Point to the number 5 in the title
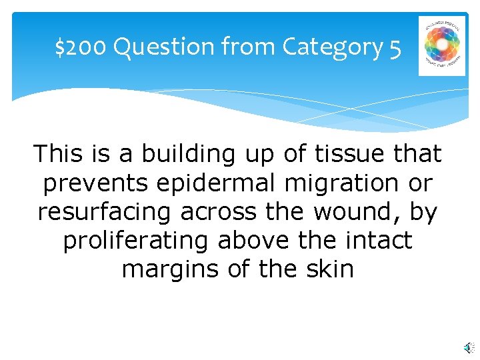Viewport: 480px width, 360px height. tap(395, 47)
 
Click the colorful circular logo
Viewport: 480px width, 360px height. tap(442, 45)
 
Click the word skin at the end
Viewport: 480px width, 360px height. tap(328, 269)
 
